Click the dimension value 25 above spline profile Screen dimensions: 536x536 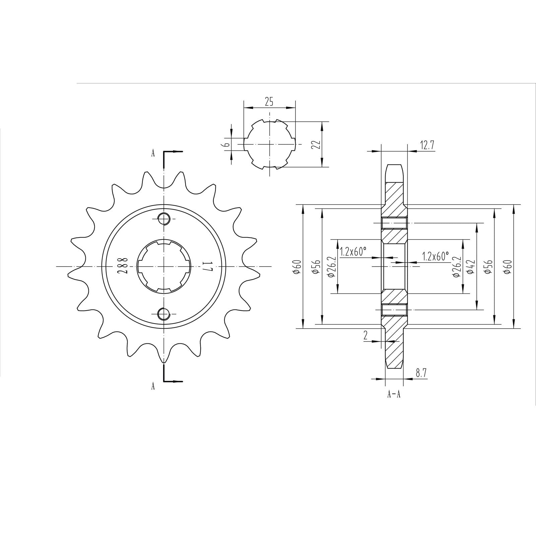tap(269, 102)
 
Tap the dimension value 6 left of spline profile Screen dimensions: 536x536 tap(227, 144)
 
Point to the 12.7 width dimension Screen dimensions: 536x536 tap(427, 145)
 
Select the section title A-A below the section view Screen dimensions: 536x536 tap(394, 394)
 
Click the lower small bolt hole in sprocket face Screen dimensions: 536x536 tap(163, 314)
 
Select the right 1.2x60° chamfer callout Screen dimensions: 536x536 tap(435, 256)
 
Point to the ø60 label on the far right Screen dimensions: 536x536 tap(509, 267)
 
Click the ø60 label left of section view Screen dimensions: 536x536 tap(296, 267)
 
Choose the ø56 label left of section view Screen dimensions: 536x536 tap(315, 267)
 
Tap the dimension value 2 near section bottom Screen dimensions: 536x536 tap(365, 335)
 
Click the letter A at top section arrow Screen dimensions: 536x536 tap(153, 153)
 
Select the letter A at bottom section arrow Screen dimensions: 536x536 tap(153, 386)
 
